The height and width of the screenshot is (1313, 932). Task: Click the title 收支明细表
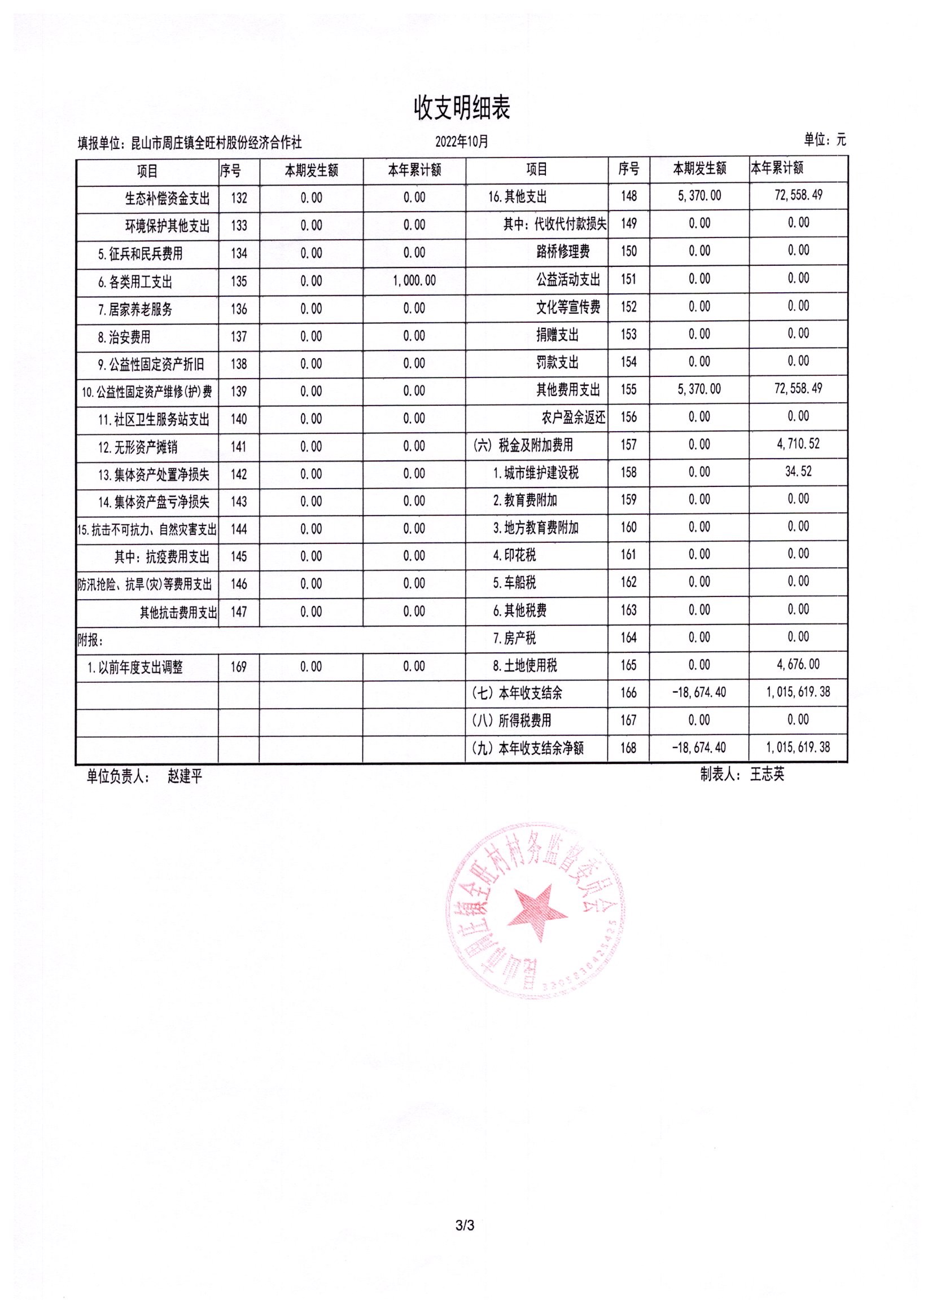tap(462, 108)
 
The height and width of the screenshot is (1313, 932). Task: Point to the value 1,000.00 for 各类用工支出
tap(414, 281)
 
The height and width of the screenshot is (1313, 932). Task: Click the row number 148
tap(628, 196)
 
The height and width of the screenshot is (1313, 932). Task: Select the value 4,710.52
tap(798, 444)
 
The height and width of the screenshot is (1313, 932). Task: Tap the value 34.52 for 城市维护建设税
tap(798, 472)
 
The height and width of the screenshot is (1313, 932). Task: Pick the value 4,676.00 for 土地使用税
tap(798, 665)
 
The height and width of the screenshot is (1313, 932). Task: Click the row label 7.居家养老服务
tap(135, 310)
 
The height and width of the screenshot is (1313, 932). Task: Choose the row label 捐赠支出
tap(557, 335)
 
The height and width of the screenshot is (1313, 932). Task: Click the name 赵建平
tap(185, 776)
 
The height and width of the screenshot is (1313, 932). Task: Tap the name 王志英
tap(767, 774)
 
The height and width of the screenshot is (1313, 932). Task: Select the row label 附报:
tap(90, 640)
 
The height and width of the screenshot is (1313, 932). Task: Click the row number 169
tap(238, 667)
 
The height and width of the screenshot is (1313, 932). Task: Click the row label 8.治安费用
tap(124, 337)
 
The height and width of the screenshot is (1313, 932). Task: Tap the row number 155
tap(628, 389)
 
